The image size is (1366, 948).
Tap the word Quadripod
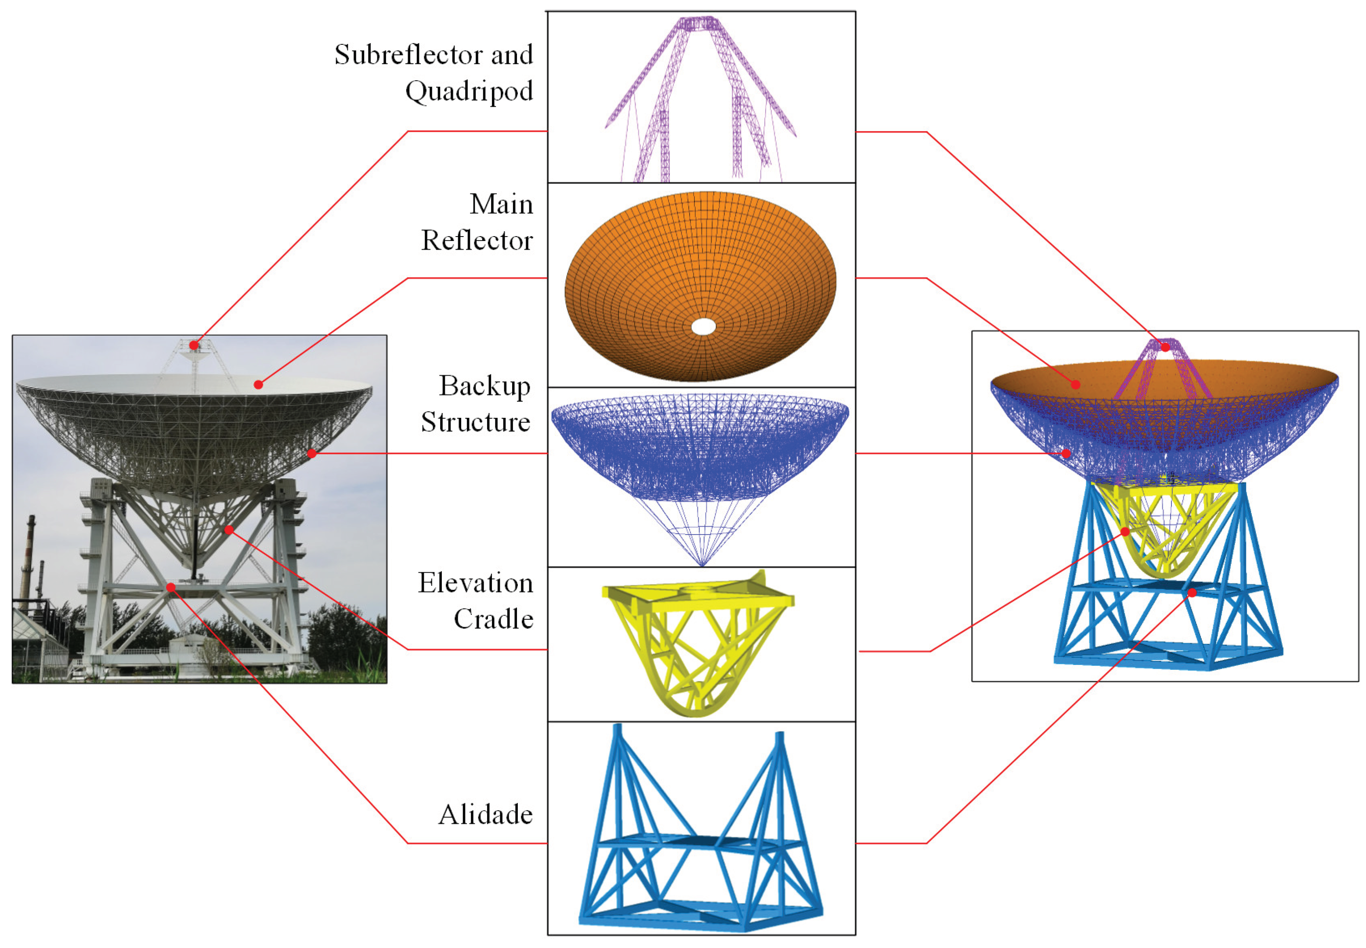click(x=469, y=91)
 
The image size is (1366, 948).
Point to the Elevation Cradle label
click(x=476, y=600)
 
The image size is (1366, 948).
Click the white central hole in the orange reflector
click(x=703, y=327)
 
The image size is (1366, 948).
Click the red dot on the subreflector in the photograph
click(x=194, y=345)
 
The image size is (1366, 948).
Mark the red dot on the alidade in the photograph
click(x=170, y=587)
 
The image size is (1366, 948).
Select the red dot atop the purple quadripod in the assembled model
click(x=1166, y=347)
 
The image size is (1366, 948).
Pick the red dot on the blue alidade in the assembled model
click(x=1192, y=592)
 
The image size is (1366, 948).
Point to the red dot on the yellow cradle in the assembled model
click(x=1125, y=531)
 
